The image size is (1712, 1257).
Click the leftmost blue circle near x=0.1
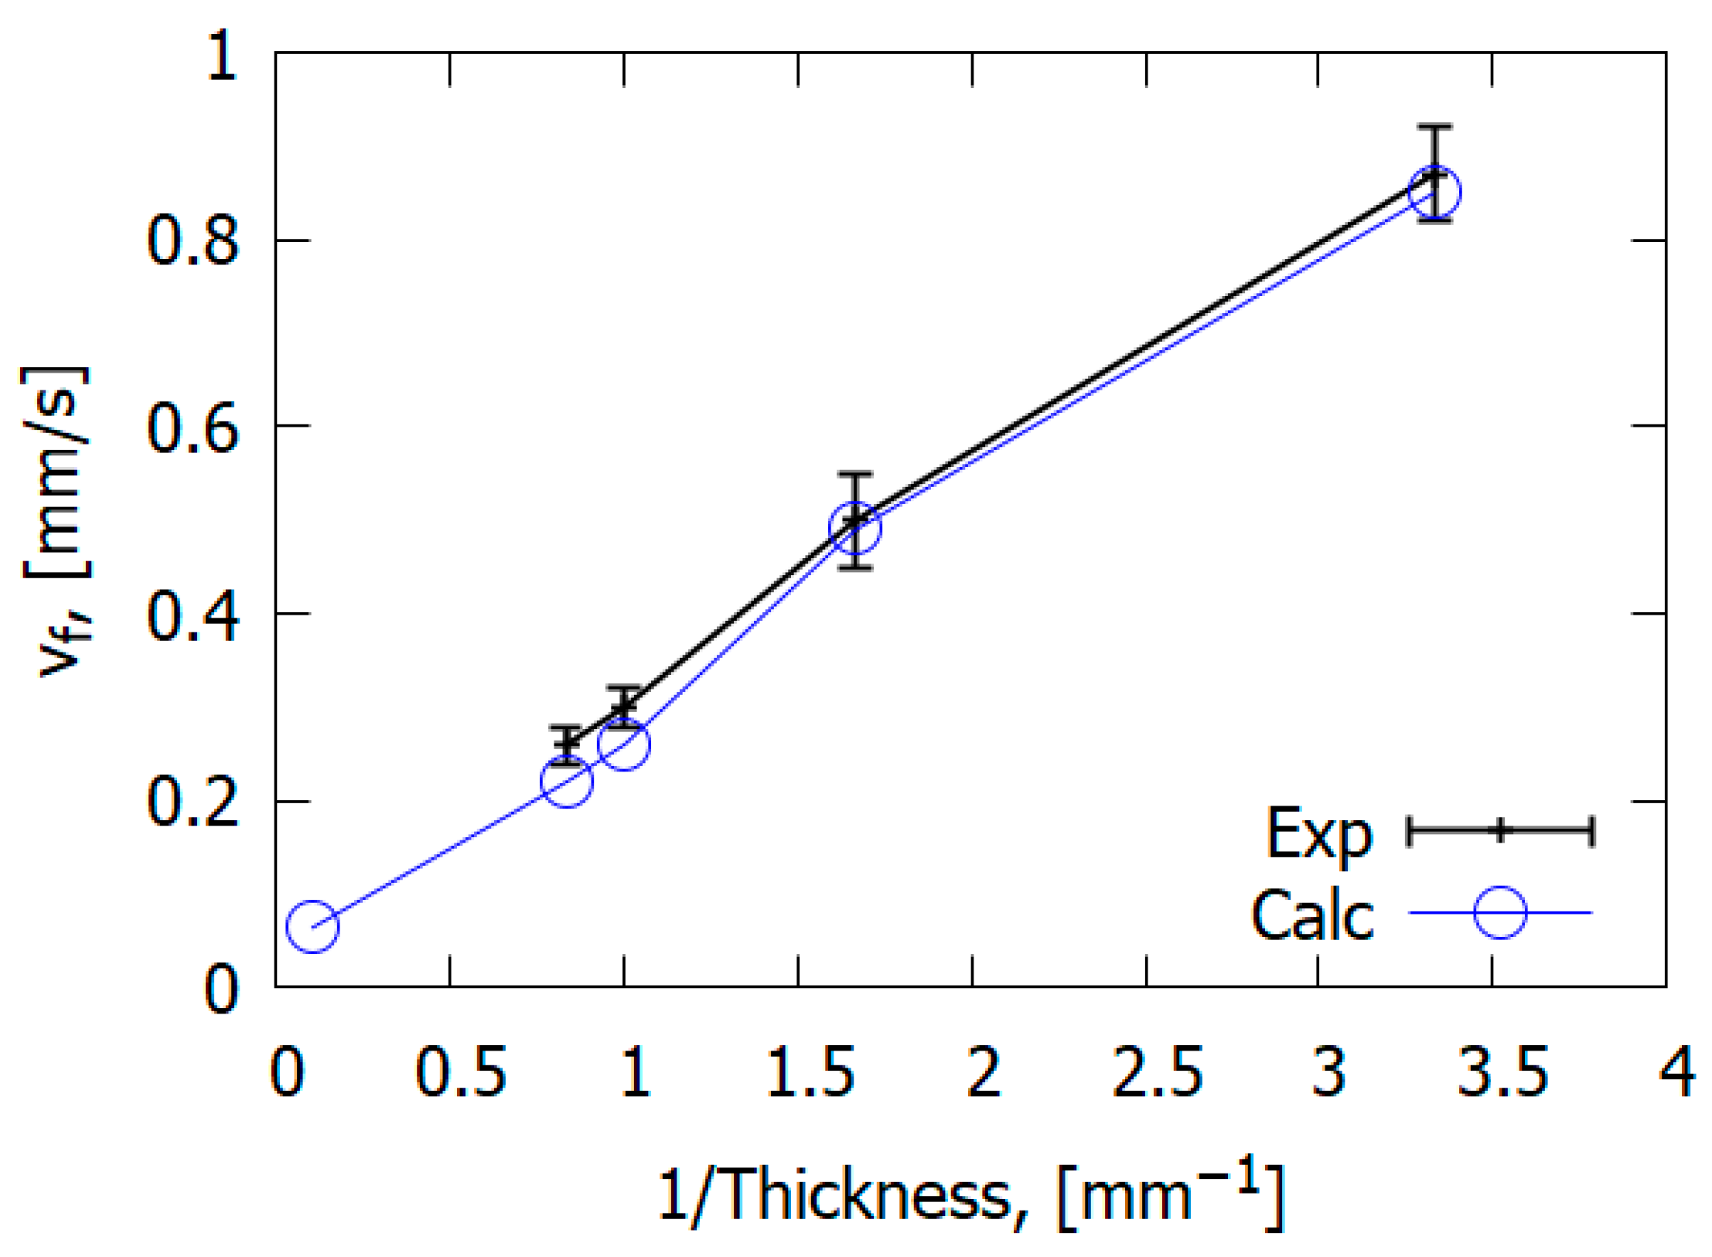(312, 925)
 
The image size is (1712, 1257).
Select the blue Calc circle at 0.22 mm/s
(567, 781)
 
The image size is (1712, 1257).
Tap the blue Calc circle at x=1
(624, 744)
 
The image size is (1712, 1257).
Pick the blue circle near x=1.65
(854, 527)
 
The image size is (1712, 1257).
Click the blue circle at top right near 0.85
(1434, 191)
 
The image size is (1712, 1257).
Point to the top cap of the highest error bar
(1434, 126)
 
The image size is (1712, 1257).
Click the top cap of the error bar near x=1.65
(854, 473)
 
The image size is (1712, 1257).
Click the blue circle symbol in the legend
(1499, 913)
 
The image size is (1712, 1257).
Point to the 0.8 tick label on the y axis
(192, 240)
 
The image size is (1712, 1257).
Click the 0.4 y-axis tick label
(192, 615)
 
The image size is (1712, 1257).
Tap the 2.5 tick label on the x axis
(1157, 1073)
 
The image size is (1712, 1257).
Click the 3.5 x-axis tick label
(1502, 1073)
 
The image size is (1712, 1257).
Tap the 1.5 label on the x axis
(810, 1073)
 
